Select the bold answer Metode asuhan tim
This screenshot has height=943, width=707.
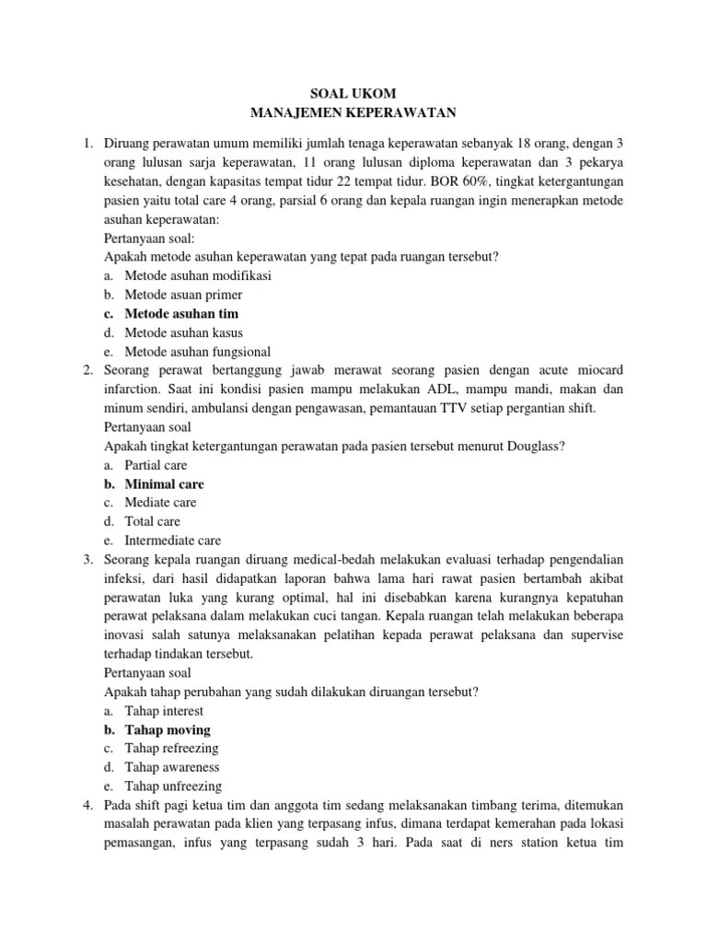175,313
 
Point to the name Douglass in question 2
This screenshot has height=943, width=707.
535,446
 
